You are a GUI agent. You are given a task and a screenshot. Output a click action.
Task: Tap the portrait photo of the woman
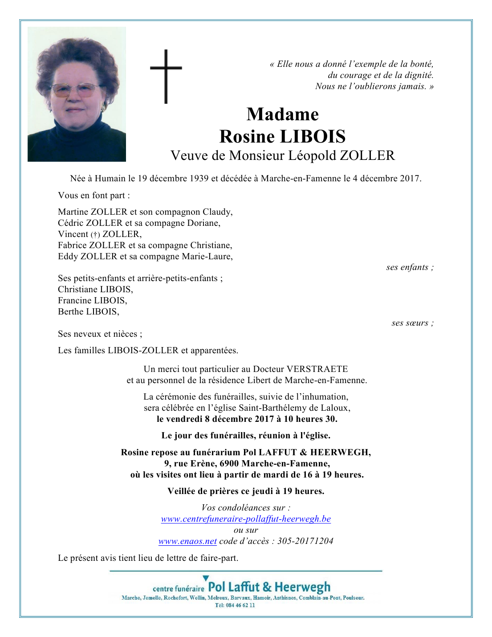point(77,94)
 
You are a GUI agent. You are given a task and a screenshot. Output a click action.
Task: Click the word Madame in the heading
point(282,114)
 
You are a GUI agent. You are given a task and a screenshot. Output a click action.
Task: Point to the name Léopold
point(312,155)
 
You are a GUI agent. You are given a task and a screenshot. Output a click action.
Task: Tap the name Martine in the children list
point(73,212)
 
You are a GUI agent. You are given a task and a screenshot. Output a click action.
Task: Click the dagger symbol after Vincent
point(95,235)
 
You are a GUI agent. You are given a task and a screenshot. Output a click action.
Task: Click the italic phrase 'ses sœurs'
point(410,323)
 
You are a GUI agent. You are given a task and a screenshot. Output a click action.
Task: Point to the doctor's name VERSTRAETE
point(317,369)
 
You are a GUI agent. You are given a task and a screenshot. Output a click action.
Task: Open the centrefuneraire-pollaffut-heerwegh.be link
point(246,519)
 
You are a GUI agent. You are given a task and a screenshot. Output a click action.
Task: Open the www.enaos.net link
point(187,541)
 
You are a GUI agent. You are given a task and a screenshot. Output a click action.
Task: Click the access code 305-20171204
point(305,541)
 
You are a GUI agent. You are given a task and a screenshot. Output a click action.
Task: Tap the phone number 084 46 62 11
point(241,605)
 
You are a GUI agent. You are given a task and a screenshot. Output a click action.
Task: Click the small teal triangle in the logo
point(206,578)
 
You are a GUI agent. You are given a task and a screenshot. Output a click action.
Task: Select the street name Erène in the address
point(203,464)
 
